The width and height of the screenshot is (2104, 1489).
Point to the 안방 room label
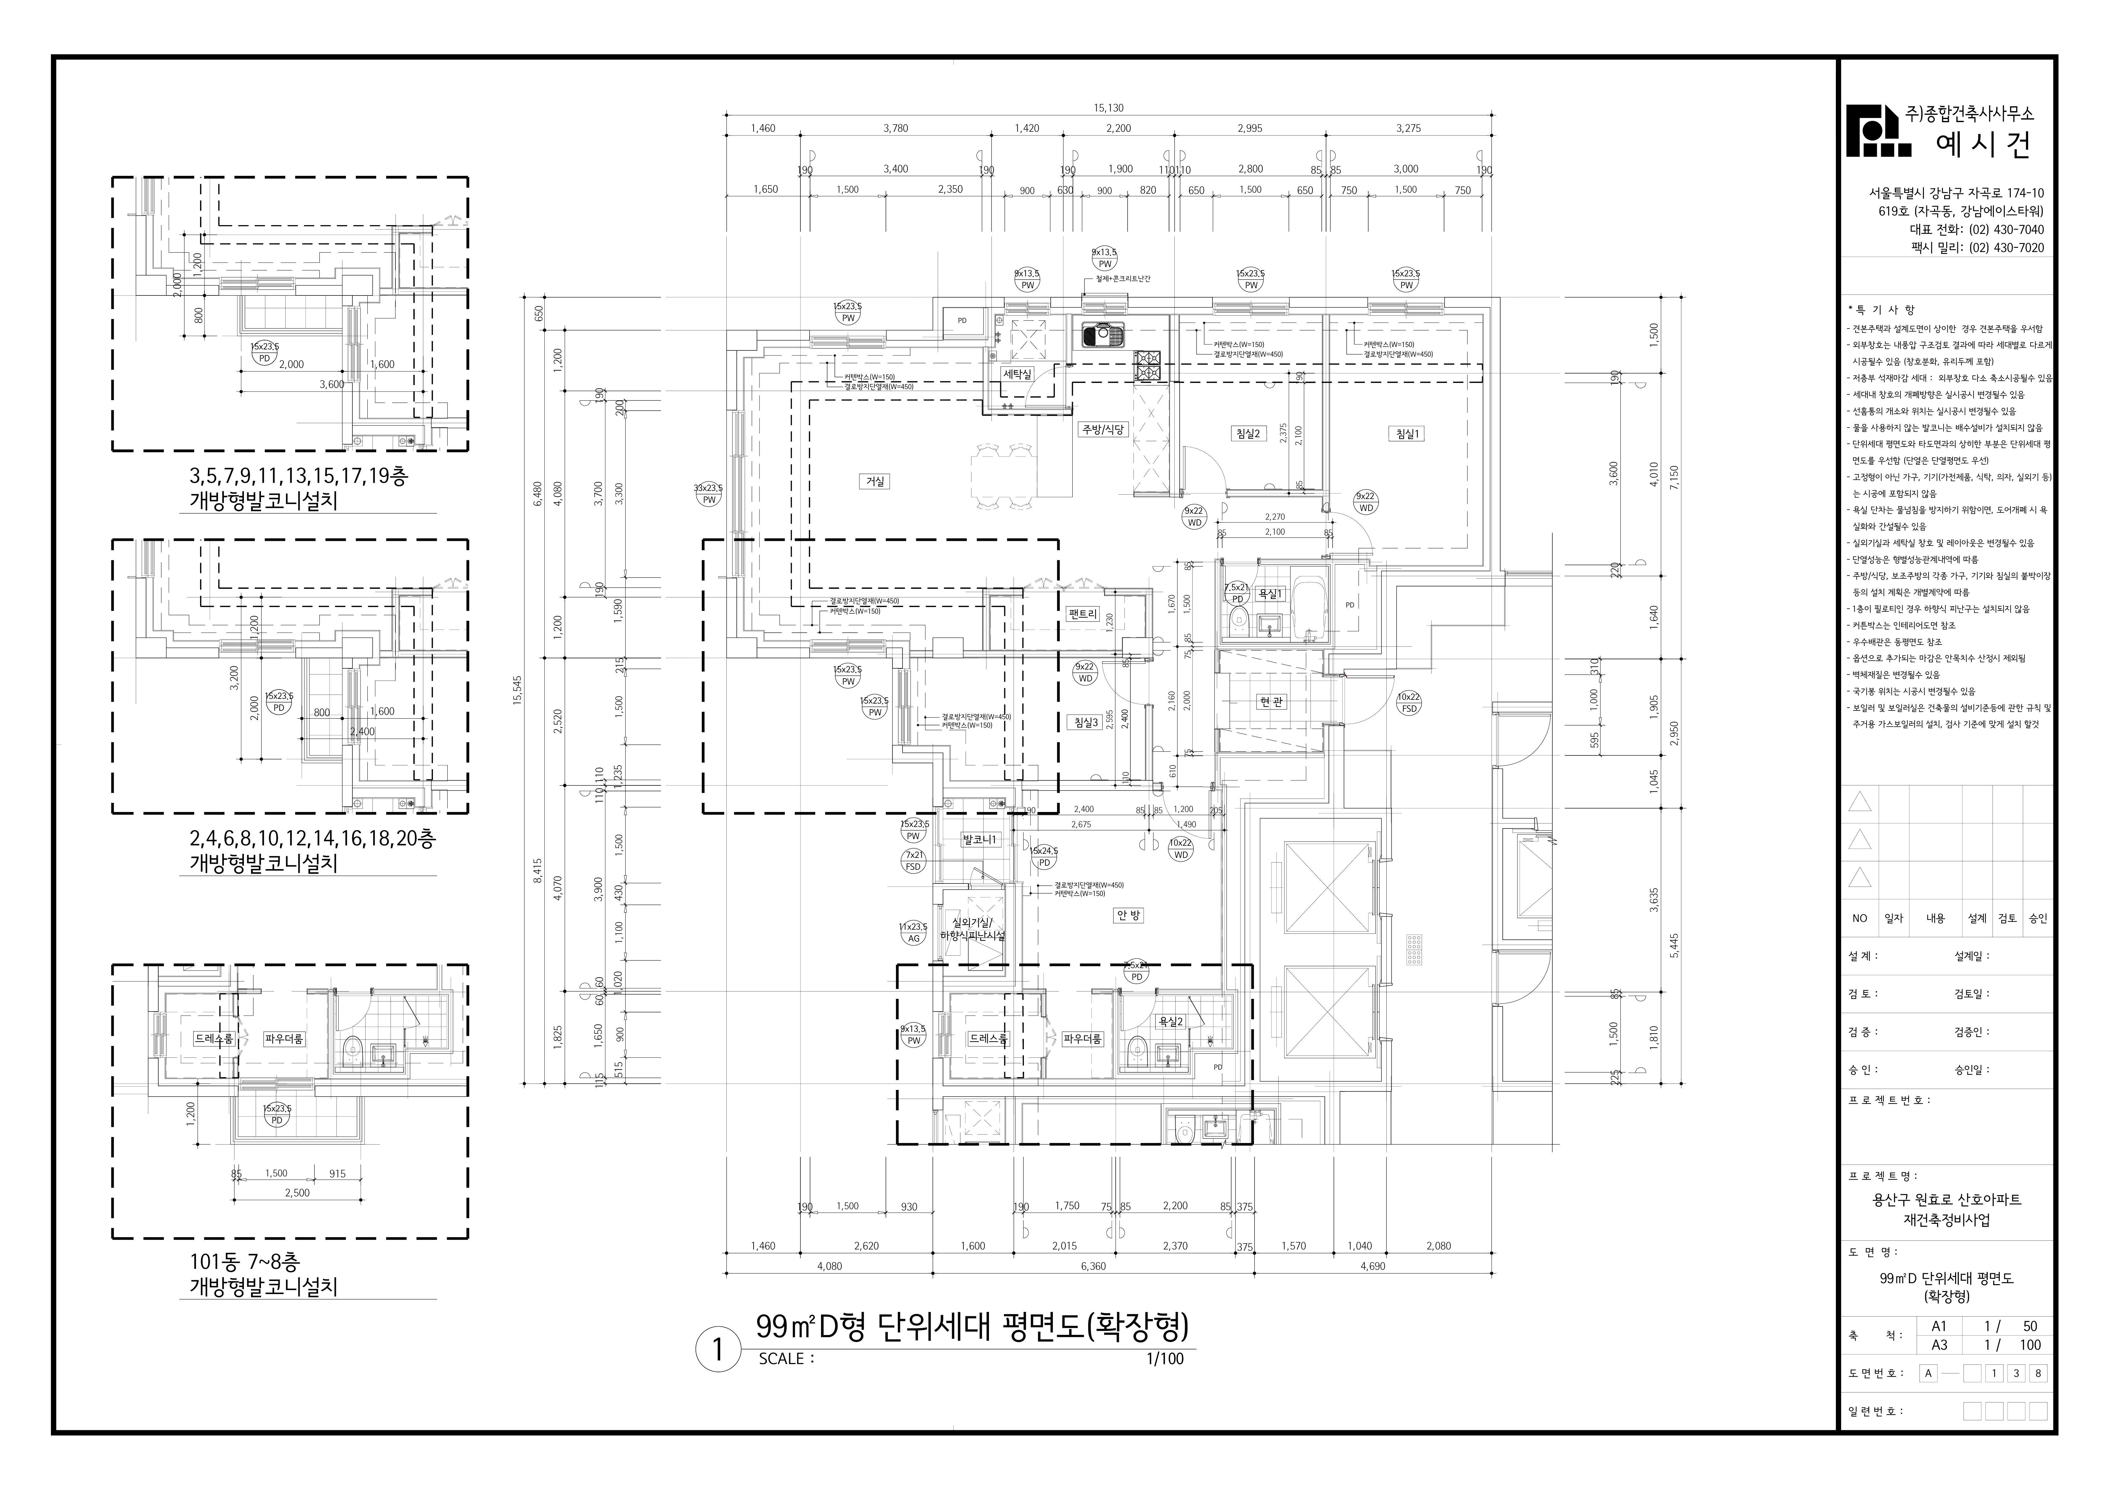(x=1128, y=915)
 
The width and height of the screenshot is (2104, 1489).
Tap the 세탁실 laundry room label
(x=1017, y=374)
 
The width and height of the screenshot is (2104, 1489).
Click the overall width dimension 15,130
(x=1108, y=107)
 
